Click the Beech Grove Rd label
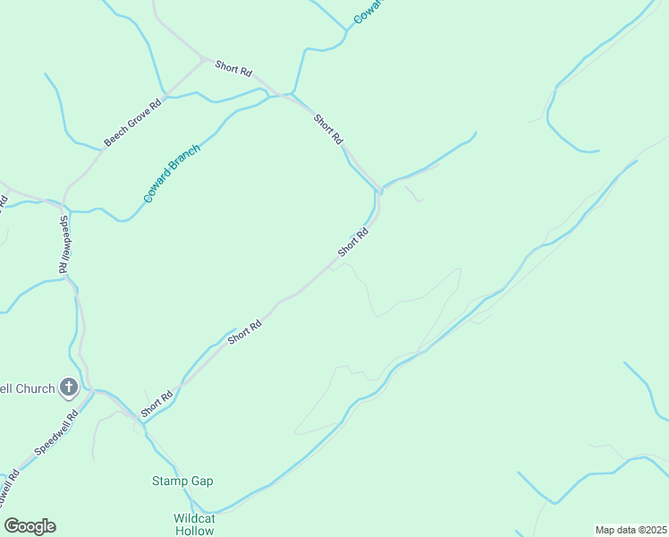[x=131, y=124]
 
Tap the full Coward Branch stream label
[x=172, y=173]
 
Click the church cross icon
[x=69, y=388]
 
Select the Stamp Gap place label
[x=182, y=481]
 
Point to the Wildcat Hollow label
[x=193, y=524]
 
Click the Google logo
[x=30, y=526]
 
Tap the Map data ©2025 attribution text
[x=631, y=530]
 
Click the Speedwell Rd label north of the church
[x=64, y=243]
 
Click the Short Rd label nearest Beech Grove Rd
[x=233, y=70]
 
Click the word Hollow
[x=193, y=531]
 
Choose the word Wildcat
[x=193, y=518]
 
